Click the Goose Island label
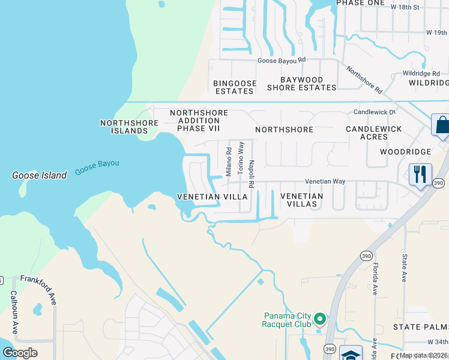coord(40,176)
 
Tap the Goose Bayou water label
coord(97,167)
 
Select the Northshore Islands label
coord(129,127)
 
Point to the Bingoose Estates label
coord(235,87)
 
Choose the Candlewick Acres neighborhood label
coord(367,133)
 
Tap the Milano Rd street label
coord(229,162)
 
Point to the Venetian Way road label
coord(325,181)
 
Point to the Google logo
coord(20,352)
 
